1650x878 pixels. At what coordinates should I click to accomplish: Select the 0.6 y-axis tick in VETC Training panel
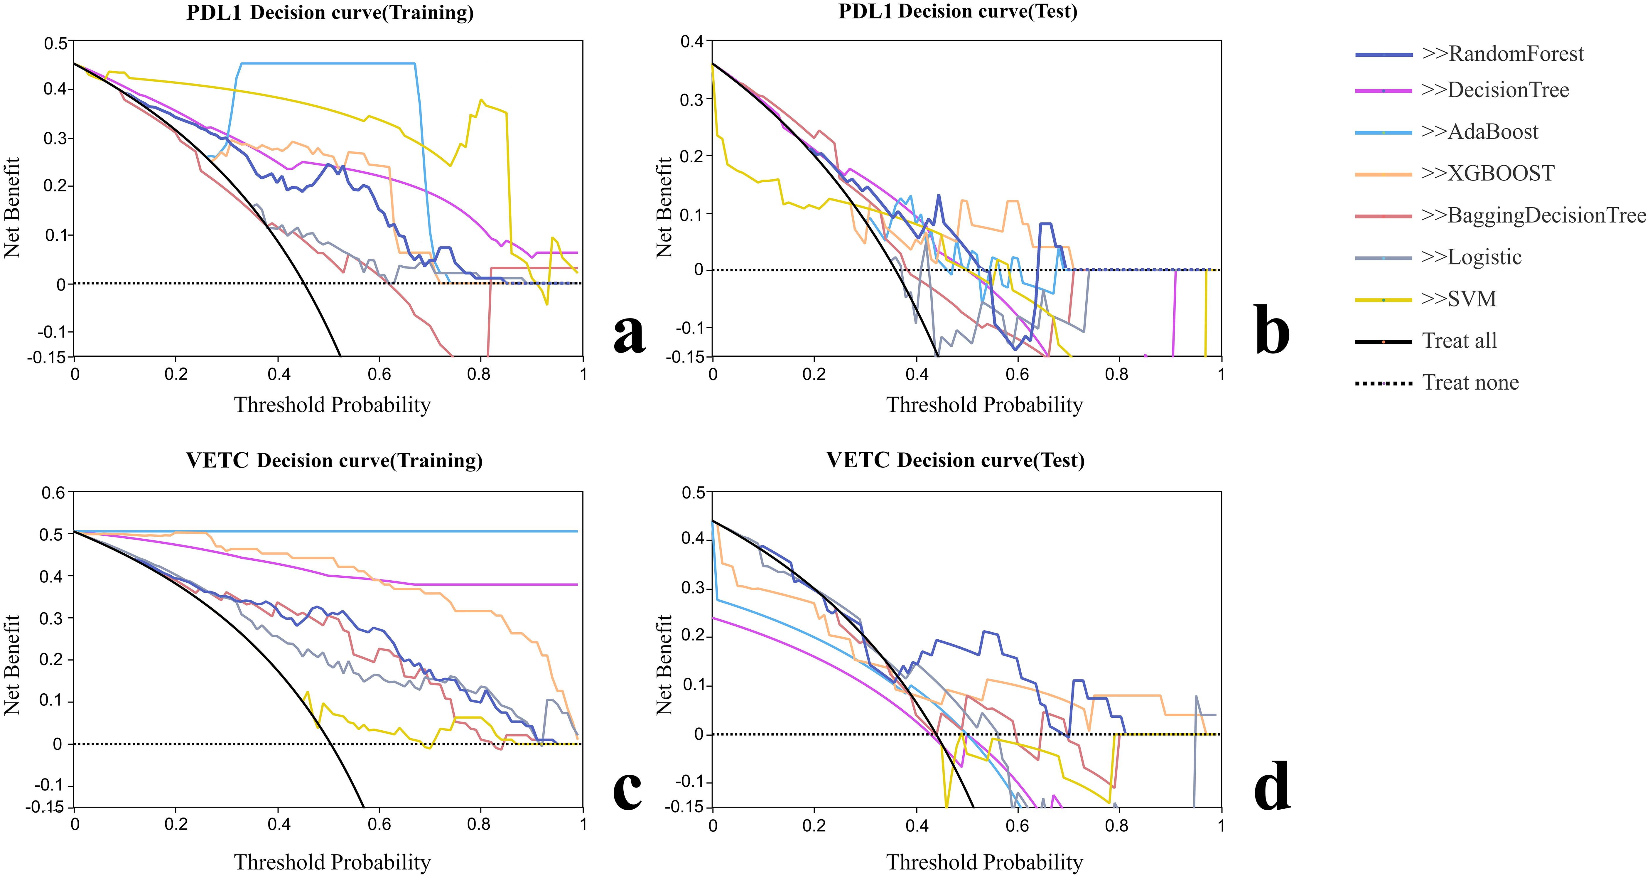[x=54, y=493]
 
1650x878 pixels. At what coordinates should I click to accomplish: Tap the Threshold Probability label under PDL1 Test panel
[x=984, y=405]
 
